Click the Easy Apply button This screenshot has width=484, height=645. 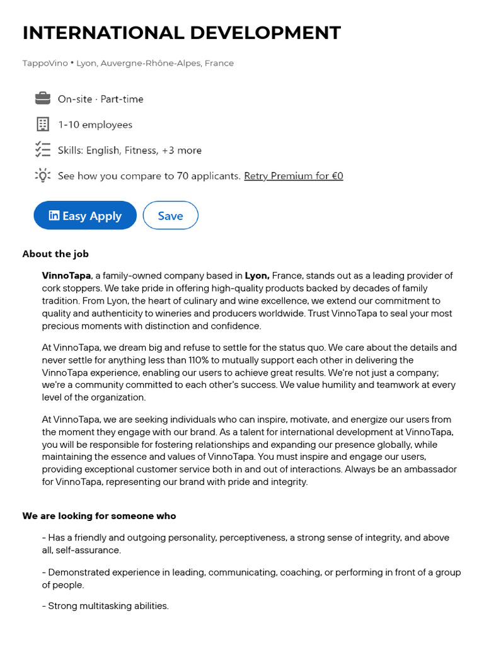(x=85, y=215)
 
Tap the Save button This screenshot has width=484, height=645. (x=170, y=215)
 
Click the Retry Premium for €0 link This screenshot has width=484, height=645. (x=293, y=176)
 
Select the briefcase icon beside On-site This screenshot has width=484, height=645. (x=42, y=98)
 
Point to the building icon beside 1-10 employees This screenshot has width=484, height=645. (x=42, y=124)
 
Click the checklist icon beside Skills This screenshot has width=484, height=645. (x=42, y=150)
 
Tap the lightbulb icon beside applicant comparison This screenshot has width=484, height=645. (x=42, y=176)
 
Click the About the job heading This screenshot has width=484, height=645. (x=55, y=254)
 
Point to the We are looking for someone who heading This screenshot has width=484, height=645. (x=99, y=516)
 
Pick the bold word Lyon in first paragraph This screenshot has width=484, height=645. (x=256, y=275)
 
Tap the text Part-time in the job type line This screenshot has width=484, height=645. (x=122, y=99)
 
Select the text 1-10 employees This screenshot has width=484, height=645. (x=95, y=125)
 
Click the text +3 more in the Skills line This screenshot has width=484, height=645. (x=181, y=151)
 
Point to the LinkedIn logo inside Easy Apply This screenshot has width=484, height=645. (x=54, y=215)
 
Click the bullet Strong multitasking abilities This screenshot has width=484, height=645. (x=105, y=606)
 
